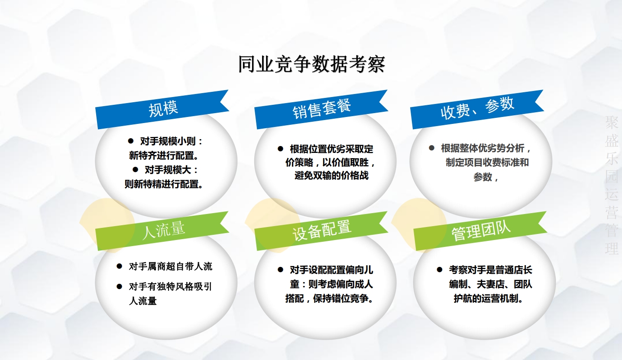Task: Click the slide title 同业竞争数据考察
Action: click(x=311, y=65)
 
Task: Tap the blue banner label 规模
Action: click(x=163, y=109)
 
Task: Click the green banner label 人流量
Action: click(x=163, y=230)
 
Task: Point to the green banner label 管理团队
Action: click(x=481, y=230)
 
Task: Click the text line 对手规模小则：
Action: click(x=172, y=141)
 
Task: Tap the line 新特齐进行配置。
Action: click(x=164, y=155)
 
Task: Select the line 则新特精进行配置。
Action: click(x=164, y=184)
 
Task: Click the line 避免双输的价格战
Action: click(x=331, y=176)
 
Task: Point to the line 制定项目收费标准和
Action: click(x=487, y=163)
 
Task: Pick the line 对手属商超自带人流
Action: click(x=171, y=266)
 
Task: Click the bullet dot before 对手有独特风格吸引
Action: click(x=120, y=286)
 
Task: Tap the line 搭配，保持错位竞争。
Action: click(x=330, y=299)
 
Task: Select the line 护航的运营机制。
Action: click(x=488, y=299)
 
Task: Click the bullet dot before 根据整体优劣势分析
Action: click(x=431, y=148)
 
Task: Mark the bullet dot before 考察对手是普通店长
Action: click(x=440, y=269)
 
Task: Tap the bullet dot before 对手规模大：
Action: click(x=136, y=169)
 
